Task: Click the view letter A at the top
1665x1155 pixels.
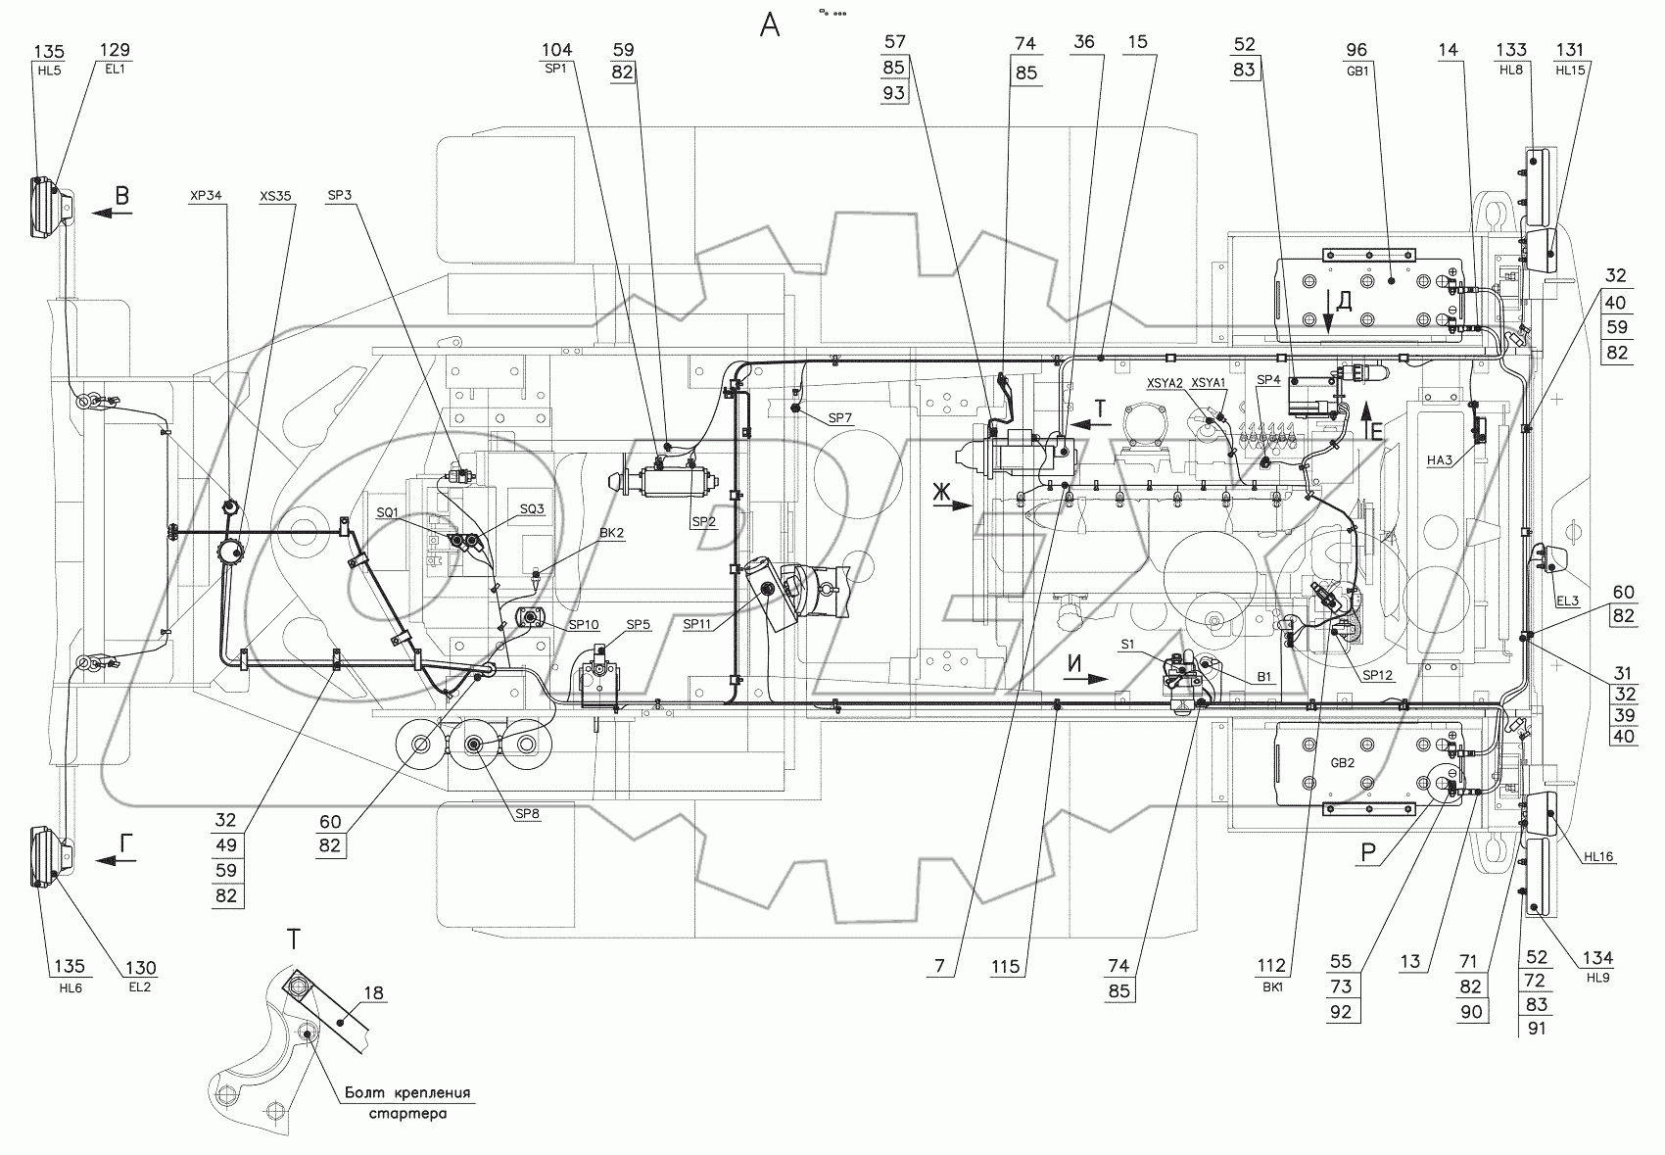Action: point(769,25)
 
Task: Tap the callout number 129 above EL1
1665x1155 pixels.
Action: point(115,50)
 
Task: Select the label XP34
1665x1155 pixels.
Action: point(206,196)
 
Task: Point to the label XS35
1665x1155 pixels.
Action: point(275,196)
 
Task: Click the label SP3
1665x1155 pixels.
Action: point(339,195)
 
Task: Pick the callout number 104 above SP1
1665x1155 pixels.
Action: point(556,50)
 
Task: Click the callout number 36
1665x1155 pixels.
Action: point(1084,41)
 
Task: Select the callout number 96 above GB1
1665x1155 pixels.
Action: point(1356,50)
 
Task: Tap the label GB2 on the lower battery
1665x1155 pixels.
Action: point(1343,762)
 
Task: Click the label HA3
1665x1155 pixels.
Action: point(1440,460)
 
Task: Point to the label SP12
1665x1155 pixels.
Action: point(1378,675)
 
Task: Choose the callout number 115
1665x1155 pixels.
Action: point(1006,967)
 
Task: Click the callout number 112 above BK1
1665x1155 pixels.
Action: point(1271,966)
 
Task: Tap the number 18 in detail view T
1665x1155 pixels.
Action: point(373,993)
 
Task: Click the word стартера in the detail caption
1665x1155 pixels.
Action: point(408,1114)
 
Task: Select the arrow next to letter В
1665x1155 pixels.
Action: point(112,214)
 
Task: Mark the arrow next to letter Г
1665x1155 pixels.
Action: point(116,861)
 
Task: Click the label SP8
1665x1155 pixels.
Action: point(527,813)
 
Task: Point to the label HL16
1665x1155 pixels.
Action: point(1598,856)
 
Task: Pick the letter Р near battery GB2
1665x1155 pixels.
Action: point(1367,852)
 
